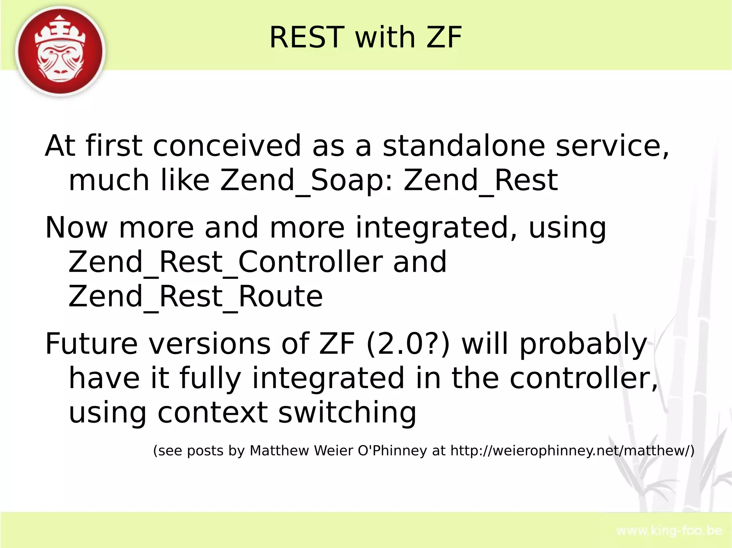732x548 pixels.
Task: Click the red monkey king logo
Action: (60, 52)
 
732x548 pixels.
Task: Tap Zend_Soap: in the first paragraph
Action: (306, 180)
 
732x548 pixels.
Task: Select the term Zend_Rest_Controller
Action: (225, 262)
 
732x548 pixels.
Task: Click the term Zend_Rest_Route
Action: (196, 296)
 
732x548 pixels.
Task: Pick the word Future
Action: (91, 343)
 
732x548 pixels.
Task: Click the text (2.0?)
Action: (408, 343)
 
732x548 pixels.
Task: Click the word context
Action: (213, 413)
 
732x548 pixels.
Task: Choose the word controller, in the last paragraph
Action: (583, 378)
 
